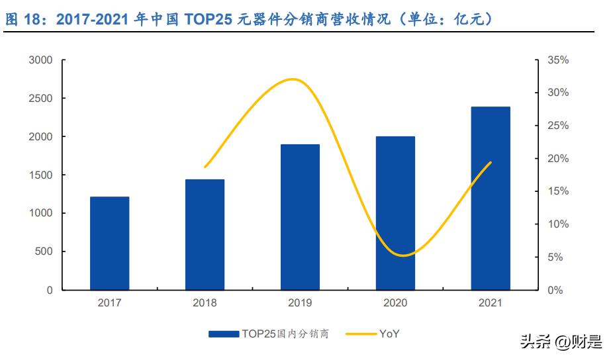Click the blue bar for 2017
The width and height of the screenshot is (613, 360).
[110, 243]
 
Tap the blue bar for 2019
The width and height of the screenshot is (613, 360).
[300, 217]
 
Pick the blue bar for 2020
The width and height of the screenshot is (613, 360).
[395, 213]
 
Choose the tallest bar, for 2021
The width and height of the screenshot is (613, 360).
[491, 198]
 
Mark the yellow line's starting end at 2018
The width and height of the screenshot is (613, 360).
[205, 167]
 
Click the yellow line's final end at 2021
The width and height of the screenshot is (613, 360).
[491, 163]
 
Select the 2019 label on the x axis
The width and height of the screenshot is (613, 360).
[300, 303]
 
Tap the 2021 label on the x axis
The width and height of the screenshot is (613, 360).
[491, 303]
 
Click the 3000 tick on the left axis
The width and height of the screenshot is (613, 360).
[40, 60]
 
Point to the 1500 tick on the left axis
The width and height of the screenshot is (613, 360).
[40, 175]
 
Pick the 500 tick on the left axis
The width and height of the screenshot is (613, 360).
[43, 251]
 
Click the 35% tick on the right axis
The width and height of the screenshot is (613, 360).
[558, 60]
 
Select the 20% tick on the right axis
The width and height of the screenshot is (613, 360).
[558, 159]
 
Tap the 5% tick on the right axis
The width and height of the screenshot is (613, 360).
[555, 257]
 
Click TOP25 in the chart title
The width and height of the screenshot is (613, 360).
[201, 20]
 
